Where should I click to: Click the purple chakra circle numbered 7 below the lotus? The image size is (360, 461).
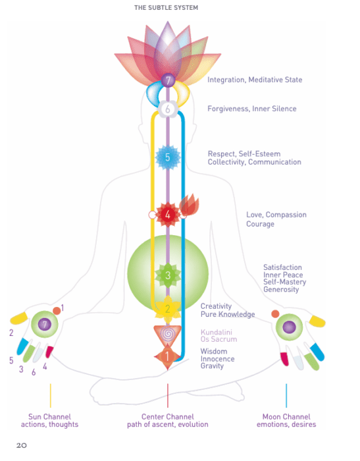point(168,80)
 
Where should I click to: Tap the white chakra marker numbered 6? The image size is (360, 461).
point(168,109)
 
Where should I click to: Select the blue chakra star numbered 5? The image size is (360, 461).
point(168,157)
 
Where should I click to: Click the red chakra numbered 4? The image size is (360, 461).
point(168,215)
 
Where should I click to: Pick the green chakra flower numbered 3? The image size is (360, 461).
point(168,275)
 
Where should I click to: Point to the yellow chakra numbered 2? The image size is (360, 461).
point(168,308)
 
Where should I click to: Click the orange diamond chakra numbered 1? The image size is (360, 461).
point(167,356)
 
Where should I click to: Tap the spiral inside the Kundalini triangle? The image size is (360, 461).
point(168,334)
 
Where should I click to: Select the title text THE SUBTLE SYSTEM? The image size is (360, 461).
point(166,8)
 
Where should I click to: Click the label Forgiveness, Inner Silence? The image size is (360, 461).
point(252,109)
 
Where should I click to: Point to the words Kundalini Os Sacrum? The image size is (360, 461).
point(219,335)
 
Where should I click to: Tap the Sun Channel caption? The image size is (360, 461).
point(49,420)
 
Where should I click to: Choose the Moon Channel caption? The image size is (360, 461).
point(286,420)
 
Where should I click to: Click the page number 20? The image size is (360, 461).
point(22,445)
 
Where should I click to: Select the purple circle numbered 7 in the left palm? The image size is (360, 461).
point(45,324)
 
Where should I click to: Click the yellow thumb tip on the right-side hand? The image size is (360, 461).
point(317,321)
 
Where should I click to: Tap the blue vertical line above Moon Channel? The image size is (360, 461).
point(286,395)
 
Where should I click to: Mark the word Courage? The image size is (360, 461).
point(260,224)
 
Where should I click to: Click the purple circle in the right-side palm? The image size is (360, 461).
point(289,327)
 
